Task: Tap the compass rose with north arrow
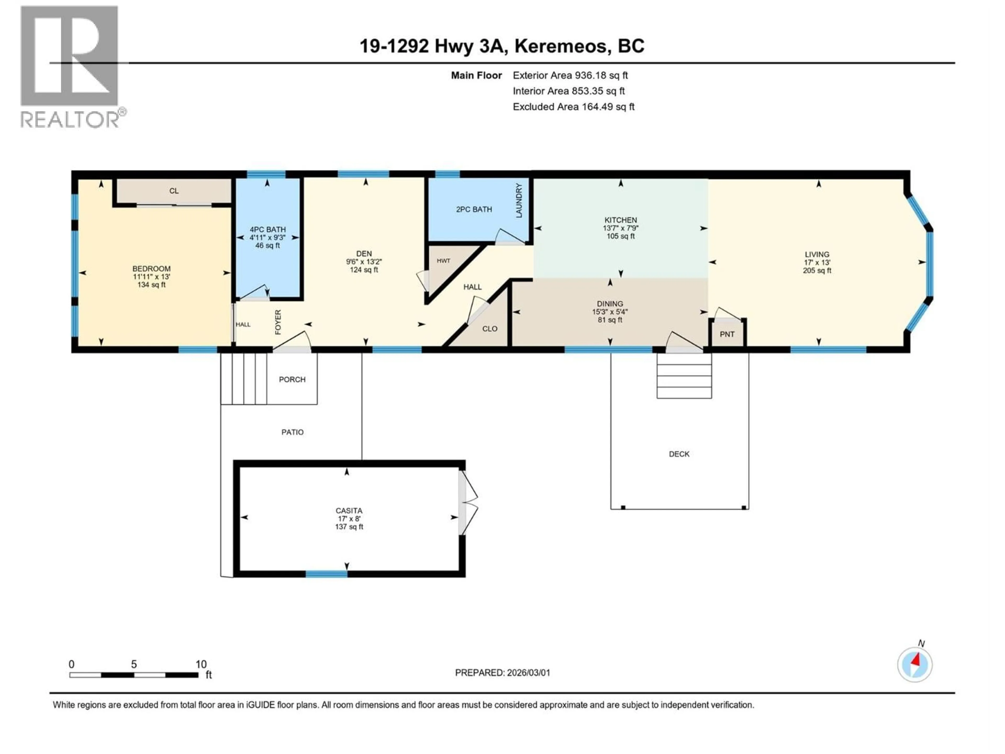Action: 915,664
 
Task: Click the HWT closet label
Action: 443,261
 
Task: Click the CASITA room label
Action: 349,511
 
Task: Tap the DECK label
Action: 679,454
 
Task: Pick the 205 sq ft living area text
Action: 817,270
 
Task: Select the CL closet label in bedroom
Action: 174,191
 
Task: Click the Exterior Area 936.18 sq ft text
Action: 570,75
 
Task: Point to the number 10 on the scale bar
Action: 201,664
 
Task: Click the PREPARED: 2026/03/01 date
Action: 502,673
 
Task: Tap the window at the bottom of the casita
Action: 326,574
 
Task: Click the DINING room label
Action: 610,304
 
